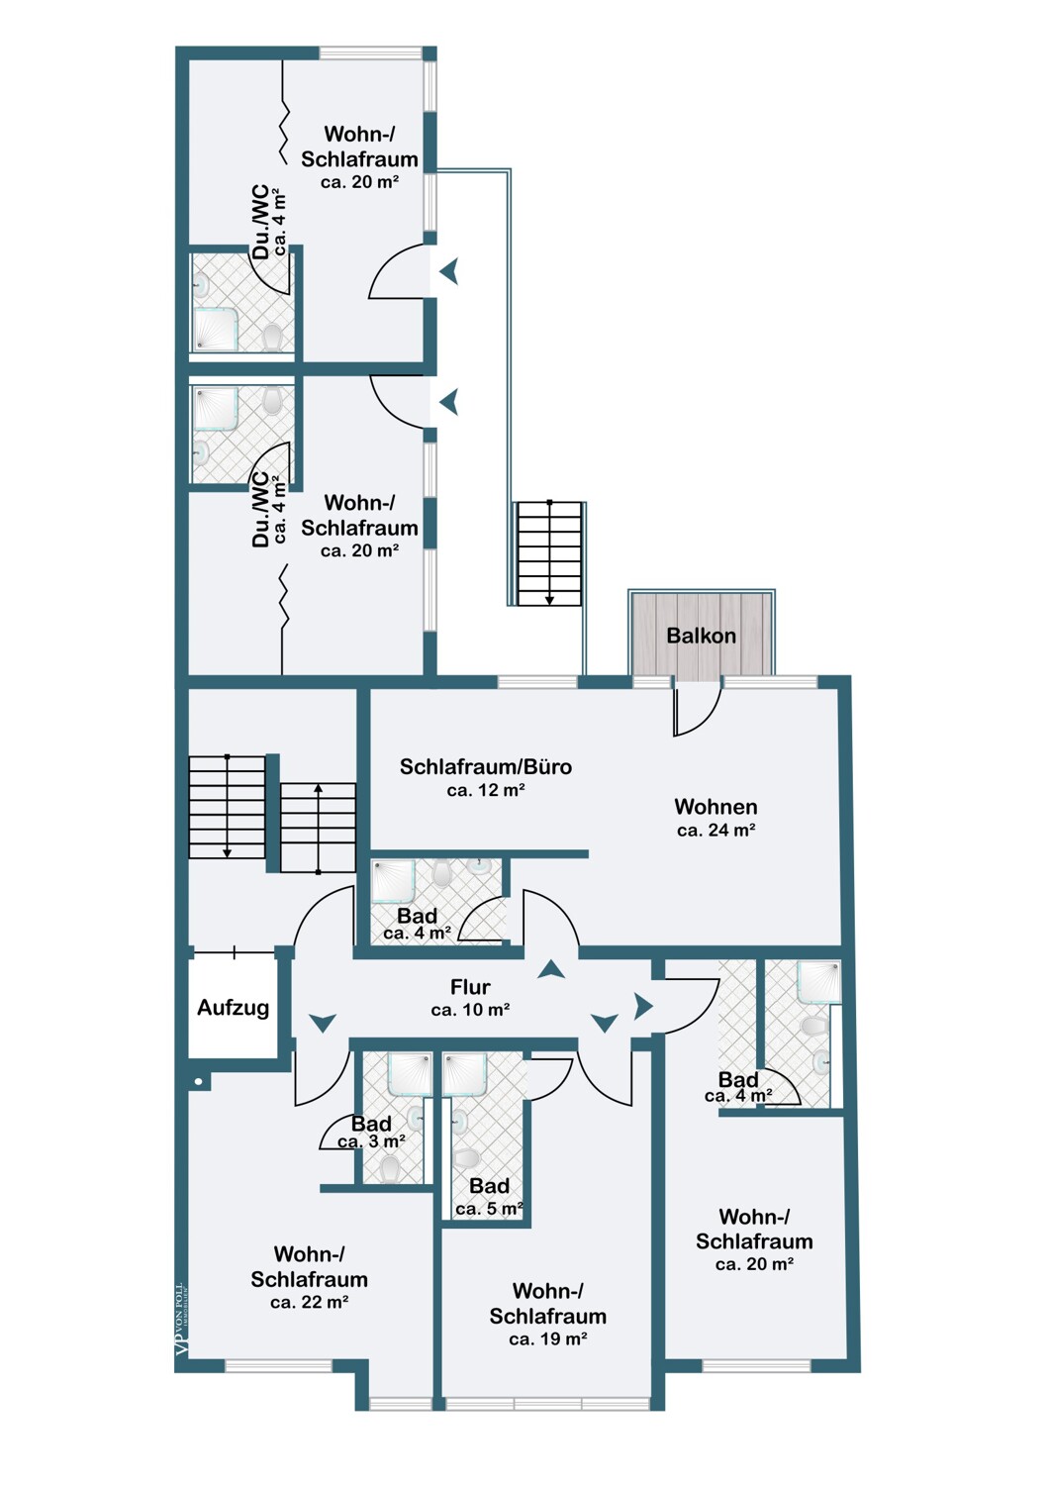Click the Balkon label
[x=701, y=636]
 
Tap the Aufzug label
[x=233, y=1008]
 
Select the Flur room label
[x=470, y=987]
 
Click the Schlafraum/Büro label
[x=485, y=766]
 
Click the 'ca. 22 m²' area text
[x=310, y=1302]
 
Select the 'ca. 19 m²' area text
[x=548, y=1339]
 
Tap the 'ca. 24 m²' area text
[x=716, y=830]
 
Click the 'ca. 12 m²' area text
[x=486, y=790]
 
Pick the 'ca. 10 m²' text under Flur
[x=470, y=1010]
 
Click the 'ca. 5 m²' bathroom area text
[x=489, y=1209]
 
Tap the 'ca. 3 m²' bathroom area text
[x=371, y=1141]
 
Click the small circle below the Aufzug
[x=198, y=1082]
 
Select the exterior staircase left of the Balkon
[x=549, y=553]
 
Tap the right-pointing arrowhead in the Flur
[x=643, y=1006]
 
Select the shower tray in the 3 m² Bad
[x=410, y=1074]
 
